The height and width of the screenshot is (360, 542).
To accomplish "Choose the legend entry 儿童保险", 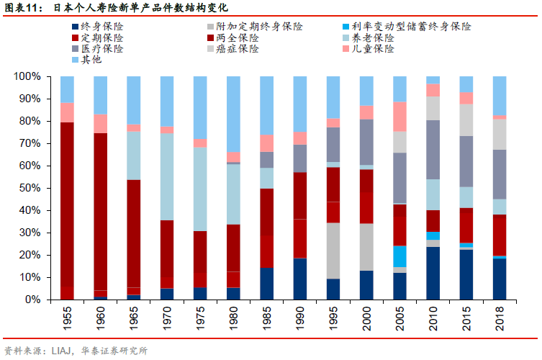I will (x=379, y=48).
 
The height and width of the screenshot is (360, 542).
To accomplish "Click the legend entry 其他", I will (x=91, y=59).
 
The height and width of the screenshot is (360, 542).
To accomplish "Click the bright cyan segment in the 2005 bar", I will (x=399, y=256).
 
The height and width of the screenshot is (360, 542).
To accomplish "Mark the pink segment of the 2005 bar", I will (x=399, y=116).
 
